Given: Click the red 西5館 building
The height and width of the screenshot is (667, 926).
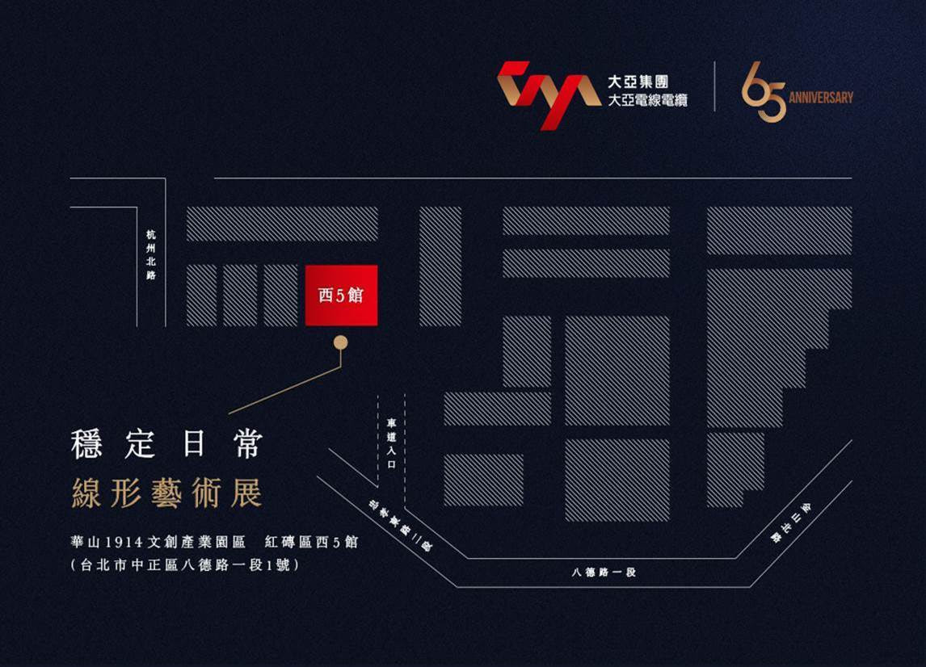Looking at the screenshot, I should [341, 295].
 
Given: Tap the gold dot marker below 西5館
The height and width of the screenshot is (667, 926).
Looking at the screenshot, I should [341, 342].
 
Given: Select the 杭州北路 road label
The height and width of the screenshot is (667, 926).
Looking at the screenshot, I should [151, 254].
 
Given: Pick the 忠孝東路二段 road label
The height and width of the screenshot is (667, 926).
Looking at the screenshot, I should [400, 525].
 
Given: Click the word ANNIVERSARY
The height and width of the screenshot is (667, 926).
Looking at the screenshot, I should [820, 98].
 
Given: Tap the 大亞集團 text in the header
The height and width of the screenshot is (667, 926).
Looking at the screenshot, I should [638, 83].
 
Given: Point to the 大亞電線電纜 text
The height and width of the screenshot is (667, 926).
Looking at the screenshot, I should [646, 101].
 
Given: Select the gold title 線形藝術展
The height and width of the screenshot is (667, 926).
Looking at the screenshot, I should [166, 494].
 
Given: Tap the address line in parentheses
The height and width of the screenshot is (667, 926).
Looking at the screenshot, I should [185, 565].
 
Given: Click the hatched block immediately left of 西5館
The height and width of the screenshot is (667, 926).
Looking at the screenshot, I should [280, 296].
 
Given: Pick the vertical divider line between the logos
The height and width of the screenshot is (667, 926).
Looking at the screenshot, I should [714, 86].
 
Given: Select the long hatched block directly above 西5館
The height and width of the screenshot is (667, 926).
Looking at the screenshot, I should [282, 224].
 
